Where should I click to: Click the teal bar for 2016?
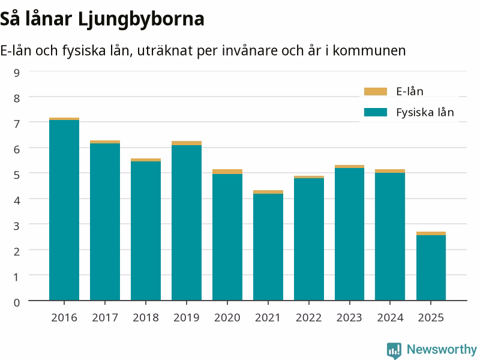click(64, 210)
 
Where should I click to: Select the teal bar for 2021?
click(268, 247)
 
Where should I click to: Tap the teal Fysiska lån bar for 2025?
click(431, 268)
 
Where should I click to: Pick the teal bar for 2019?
click(187, 223)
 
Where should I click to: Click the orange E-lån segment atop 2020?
click(227, 172)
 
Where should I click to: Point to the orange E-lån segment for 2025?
click(431, 233)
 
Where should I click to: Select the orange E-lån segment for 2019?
click(187, 143)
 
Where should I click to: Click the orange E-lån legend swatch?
click(376, 91)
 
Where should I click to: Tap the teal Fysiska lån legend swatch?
click(376, 112)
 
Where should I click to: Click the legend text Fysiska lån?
click(425, 112)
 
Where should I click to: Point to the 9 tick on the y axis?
click(17, 73)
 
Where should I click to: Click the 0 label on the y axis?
click(17, 302)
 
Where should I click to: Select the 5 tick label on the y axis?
click(17, 175)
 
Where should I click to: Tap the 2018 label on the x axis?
click(146, 317)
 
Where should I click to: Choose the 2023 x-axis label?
click(349, 317)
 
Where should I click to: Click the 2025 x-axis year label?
click(431, 317)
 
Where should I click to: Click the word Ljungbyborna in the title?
click(141, 19)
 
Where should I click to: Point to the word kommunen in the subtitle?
click(369, 50)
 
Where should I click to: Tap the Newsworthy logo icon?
click(394, 350)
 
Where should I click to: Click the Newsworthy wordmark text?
click(442, 349)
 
